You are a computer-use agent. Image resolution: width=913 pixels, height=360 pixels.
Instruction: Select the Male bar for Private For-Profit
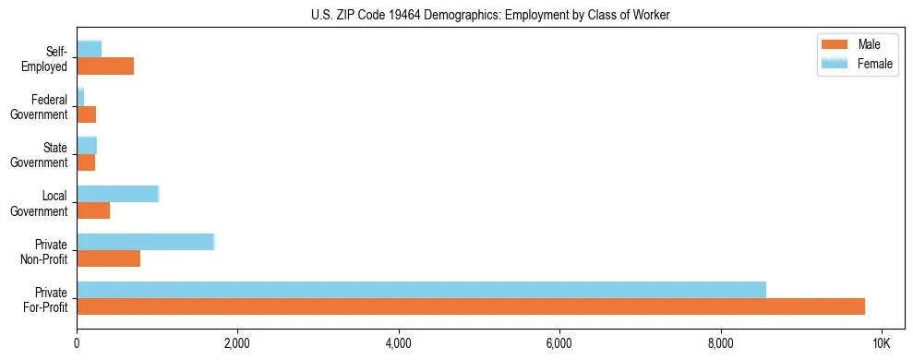[471, 306]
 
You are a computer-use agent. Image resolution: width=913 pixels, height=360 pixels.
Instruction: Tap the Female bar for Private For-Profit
[421, 290]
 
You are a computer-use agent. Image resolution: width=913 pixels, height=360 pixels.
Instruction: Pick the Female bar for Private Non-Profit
[145, 242]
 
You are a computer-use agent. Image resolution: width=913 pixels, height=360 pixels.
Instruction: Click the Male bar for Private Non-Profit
[108, 258]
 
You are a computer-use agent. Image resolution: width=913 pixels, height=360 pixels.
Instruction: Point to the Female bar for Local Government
[117, 194]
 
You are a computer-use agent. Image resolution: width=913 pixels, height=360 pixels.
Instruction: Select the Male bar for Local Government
[93, 210]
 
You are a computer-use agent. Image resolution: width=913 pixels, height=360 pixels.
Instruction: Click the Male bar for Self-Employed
[105, 66]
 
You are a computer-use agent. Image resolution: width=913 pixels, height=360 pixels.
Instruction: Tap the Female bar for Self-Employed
[89, 49]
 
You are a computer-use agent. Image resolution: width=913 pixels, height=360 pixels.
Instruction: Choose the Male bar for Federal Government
[86, 114]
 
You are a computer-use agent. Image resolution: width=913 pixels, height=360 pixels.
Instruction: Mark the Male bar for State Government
[86, 162]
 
